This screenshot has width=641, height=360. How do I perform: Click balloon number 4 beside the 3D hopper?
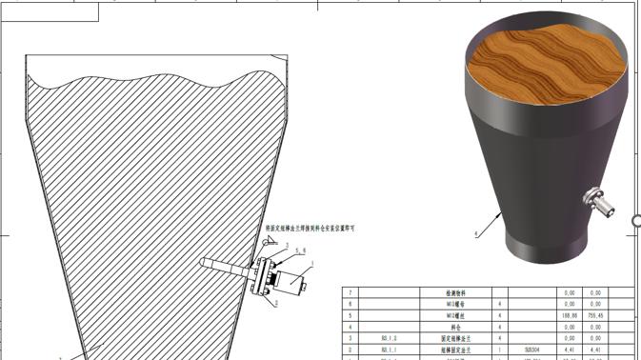click(x=476, y=233)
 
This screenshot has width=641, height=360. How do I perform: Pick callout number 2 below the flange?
click(x=276, y=304)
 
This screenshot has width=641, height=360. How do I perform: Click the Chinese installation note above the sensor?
click(x=309, y=229)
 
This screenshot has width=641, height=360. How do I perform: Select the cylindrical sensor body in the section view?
click(x=294, y=283)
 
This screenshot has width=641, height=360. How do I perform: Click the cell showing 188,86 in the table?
click(x=570, y=314)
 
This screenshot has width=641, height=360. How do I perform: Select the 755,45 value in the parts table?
click(x=596, y=314)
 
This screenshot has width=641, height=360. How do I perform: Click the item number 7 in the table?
click(x=351, y=291)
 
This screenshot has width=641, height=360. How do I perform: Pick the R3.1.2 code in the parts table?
click(x=389, y=338)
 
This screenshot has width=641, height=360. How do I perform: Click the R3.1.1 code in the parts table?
click(x=389, y=350)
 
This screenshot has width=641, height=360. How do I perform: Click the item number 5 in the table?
click(x=351, y=314)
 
